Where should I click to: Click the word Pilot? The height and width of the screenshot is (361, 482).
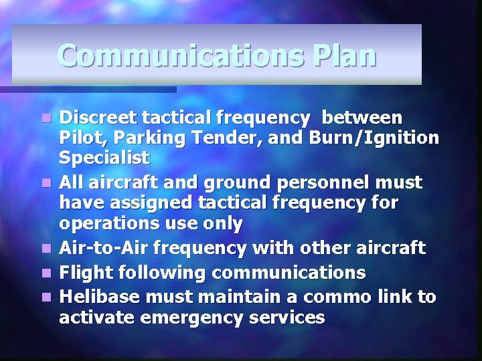tap(78, 138)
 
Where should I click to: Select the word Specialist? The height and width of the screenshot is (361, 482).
tap(104, 159)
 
